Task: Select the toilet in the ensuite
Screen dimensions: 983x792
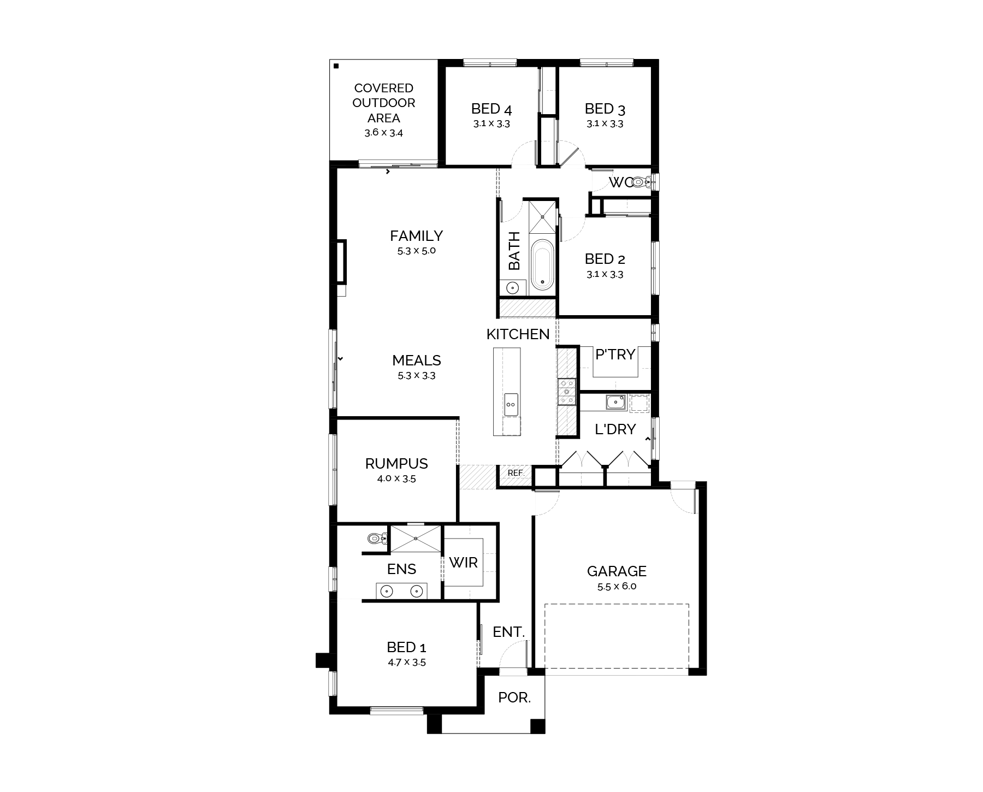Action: (x=376, y=539)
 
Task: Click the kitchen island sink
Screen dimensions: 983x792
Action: (x=511, y=404)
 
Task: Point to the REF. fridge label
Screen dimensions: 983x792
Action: (x=516, y=473)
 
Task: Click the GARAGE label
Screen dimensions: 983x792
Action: (x=617, y=571)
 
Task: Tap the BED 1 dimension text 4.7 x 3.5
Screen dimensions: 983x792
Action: (x=406, y=663)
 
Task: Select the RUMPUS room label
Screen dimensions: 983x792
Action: (x=396, y=464)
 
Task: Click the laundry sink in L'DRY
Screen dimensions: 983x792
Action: (x=616, y=402)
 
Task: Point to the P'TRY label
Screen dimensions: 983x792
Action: (x=615, y=355)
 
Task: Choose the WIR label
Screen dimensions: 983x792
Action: (x=463, y=563)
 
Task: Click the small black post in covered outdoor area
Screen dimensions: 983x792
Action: (x=336, y=66)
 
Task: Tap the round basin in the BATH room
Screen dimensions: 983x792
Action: (x=512, y=288)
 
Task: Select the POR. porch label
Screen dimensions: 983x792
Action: (x=514, y=698)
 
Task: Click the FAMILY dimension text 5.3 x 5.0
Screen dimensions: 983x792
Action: (x=417, y=251)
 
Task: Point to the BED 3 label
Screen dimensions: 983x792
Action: (x=605, y=109)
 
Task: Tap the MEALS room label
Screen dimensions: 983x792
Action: (x=417, y=360)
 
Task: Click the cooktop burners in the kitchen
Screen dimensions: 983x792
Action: (x=567, y=392)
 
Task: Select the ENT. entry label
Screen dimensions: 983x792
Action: (x=508, y=632)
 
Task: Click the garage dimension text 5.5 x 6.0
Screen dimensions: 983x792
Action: (x=617, y=587)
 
